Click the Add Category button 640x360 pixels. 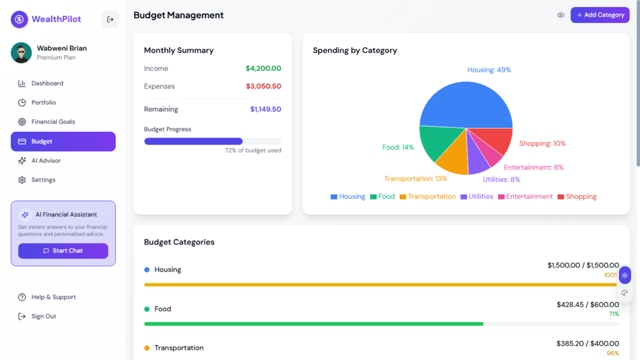pyautogui.click(x=600, y=15)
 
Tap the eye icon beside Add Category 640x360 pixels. pyautogui.click(x=560, y=15)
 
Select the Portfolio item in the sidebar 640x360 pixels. pyautogui.click(x=43, y=103)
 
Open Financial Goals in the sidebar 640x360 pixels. pyautogui.click(x=53, y=122)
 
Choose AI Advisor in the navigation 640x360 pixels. pyautogui.click(x=46, y=161)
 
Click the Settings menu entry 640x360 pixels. pyautogui.click(x=43, y=180)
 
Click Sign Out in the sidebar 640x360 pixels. pyautogui.click(x=43, y=316)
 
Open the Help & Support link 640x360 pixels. pyautogui.click(x=53, y=297)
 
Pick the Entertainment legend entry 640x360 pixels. pyautogui.click(x=525, y=197)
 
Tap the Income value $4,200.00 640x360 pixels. pyautogui.click(x=263, y=69)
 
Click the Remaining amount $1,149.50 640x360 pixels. pyautogui.click(x=266, y=110)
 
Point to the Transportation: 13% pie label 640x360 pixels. pyautogui.click(x=415, y=179)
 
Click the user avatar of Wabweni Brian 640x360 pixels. pyautogui.click(x=21, y=53)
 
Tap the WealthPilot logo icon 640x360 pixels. pyautogui.click(x=19, y=19)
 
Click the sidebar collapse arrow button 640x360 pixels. pyautogui.click(x=110, y=20)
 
